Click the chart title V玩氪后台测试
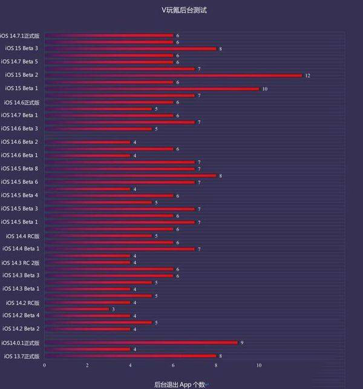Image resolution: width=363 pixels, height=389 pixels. pyautogui.click(x=181, y=10)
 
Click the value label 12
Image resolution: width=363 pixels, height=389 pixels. pyautogui.click(x=308, y=76)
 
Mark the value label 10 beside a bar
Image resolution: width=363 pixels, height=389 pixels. pyautogui.click(x=265, y=89)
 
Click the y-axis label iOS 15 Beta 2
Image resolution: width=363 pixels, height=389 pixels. pyautogui.click(x=22, y=75)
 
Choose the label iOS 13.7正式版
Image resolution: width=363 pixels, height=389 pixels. pyautogui.click(x=22, y=356)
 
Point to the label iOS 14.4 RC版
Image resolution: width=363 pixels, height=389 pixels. pyautogui.click(x=23, y=235)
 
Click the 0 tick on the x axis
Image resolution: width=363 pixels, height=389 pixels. pyautogui.click(x=44, y=366)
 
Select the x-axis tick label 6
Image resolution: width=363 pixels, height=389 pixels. pyautogui.click(x=173, y=366)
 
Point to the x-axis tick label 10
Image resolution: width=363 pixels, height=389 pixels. pyautogui.click(x=259, y=366)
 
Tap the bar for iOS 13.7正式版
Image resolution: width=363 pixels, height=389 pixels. pyautogui.click(x=130, y=356)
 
